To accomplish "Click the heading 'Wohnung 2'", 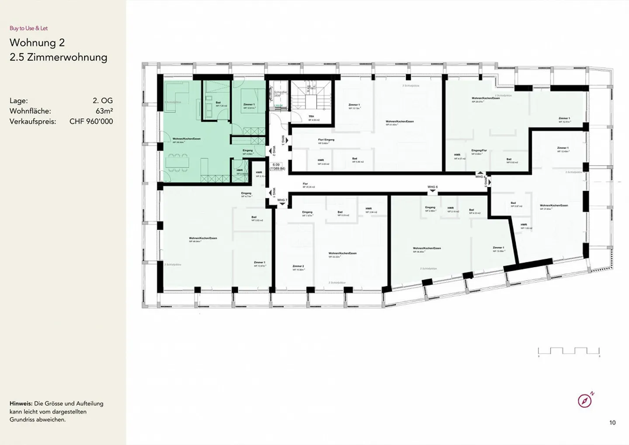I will tap(37, 42).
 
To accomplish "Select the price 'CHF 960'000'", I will tap(91, 122).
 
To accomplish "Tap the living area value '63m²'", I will tap(104, 111).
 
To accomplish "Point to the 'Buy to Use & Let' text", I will tap(28, 28).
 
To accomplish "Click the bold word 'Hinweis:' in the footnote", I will tap(21, 403).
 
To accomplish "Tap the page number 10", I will tap(612, 422).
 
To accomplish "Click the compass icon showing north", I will tap(585, 400).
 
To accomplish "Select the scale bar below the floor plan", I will tap(569, 351).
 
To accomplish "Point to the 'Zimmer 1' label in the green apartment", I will tap(249, 105).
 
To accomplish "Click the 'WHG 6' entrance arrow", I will tap(432, 190).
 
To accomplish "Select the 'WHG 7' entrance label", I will tap(282, 200).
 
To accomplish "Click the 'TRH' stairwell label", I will tap(311, 117).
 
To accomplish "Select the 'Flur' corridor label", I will tap(305, 184).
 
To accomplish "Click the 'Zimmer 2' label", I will tap(298, 266).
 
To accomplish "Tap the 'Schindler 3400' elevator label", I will tap(280, 94).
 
